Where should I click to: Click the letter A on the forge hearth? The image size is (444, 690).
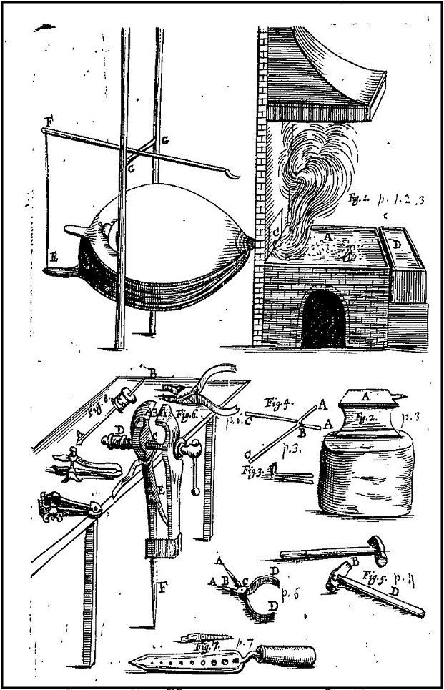[327, 234]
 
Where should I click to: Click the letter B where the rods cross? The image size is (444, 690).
[302, 433]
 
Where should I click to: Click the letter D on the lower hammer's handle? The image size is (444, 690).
[393, 592]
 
